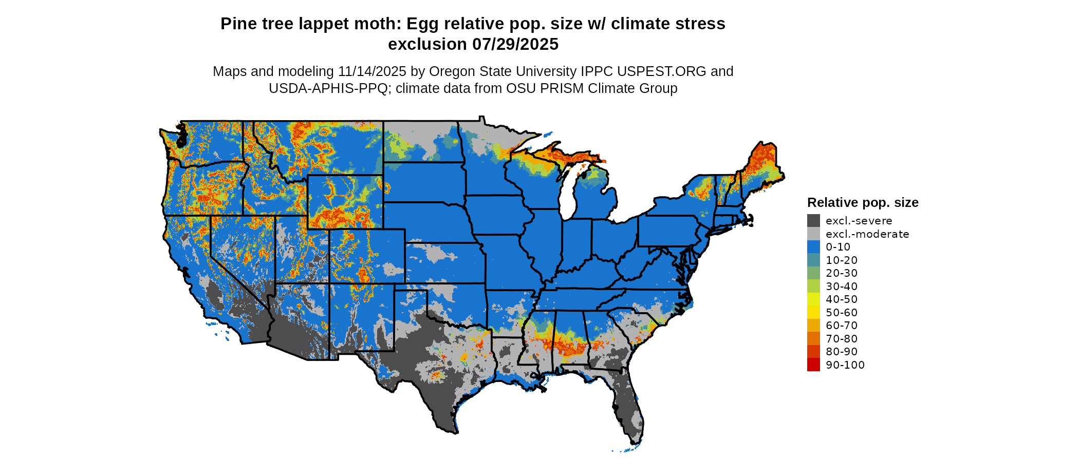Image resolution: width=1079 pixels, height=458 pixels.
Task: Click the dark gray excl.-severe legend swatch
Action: coord(813,221)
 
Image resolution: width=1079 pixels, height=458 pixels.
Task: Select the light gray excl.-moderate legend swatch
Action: coord(813,234)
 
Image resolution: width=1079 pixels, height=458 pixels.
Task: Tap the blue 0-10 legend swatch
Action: coord(813,247)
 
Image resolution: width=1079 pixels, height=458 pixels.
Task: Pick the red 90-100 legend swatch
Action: coord(813,365)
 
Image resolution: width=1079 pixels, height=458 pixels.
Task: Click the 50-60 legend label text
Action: coord(842,313)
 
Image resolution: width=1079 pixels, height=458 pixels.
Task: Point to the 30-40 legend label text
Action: coord(842,287)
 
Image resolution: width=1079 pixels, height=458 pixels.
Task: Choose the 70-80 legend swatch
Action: coord(813,338)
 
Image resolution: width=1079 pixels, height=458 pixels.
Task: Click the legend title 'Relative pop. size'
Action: coord(863,202)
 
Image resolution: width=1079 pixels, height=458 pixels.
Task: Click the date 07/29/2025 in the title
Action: coord(515,44)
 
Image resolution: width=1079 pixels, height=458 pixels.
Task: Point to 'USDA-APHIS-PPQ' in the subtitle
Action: coord(328,88)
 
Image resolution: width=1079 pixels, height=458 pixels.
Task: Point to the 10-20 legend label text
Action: coord(842,260)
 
